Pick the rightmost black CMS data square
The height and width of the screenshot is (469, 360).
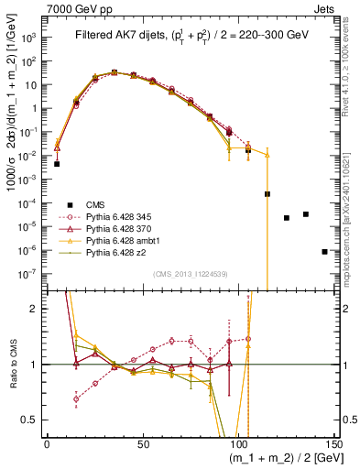pyautogui.click(x=325, y=251)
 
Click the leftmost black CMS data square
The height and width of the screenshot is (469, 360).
pyautogui.click(x=57, y=164)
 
